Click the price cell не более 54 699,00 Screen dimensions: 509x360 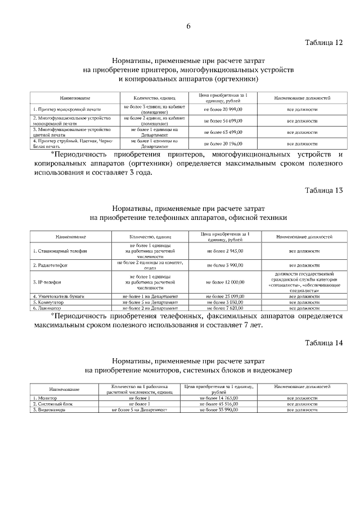pyautogui.click(x=223, y=121)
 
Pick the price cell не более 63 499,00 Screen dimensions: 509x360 pyautogui.click(x=223, y=132)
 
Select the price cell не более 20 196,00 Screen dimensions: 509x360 pyautogui.click(x=223, y=143)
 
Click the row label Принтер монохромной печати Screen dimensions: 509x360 pyautogui.click(x=61, y=110)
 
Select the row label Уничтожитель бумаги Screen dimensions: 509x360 pyautogui.click(x=57, y=296)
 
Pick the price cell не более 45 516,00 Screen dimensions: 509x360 pyautogui.click(x=219, y=404)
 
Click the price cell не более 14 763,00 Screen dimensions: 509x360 pyautogui.click(x=219, y=398)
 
